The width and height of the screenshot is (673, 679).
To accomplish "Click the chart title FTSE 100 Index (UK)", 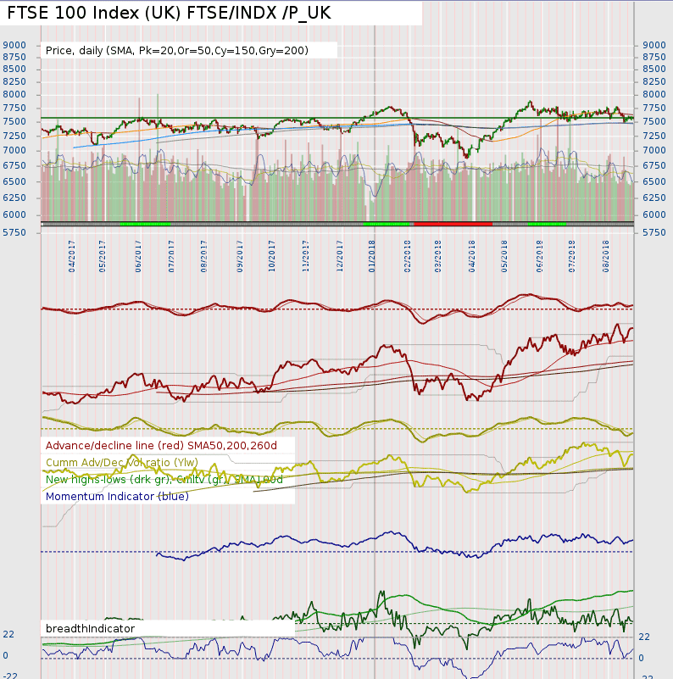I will coord(169,14).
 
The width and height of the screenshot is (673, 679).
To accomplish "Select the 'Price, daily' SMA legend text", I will coord(177,51).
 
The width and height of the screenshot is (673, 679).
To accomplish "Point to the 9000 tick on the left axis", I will coord(16,45).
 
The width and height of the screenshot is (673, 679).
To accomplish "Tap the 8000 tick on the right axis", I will coord(654,95).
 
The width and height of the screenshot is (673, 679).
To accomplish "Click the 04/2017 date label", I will coord(70,253).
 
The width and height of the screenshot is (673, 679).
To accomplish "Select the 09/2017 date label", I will coord(240,253).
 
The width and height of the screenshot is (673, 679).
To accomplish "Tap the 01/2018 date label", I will coord(373,253).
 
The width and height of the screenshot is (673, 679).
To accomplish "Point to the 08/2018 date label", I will coord(607,253).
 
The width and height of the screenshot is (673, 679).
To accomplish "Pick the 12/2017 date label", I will coord(340,253).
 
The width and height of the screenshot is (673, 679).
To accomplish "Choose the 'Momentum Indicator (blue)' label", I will coord(117,496).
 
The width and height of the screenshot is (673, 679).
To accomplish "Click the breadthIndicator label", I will coord(90,628).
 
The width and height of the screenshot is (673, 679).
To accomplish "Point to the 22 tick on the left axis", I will coord(8,634).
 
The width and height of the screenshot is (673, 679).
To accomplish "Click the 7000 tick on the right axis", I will coord(654,150).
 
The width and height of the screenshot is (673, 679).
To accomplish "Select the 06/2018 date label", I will coord(540,253).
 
